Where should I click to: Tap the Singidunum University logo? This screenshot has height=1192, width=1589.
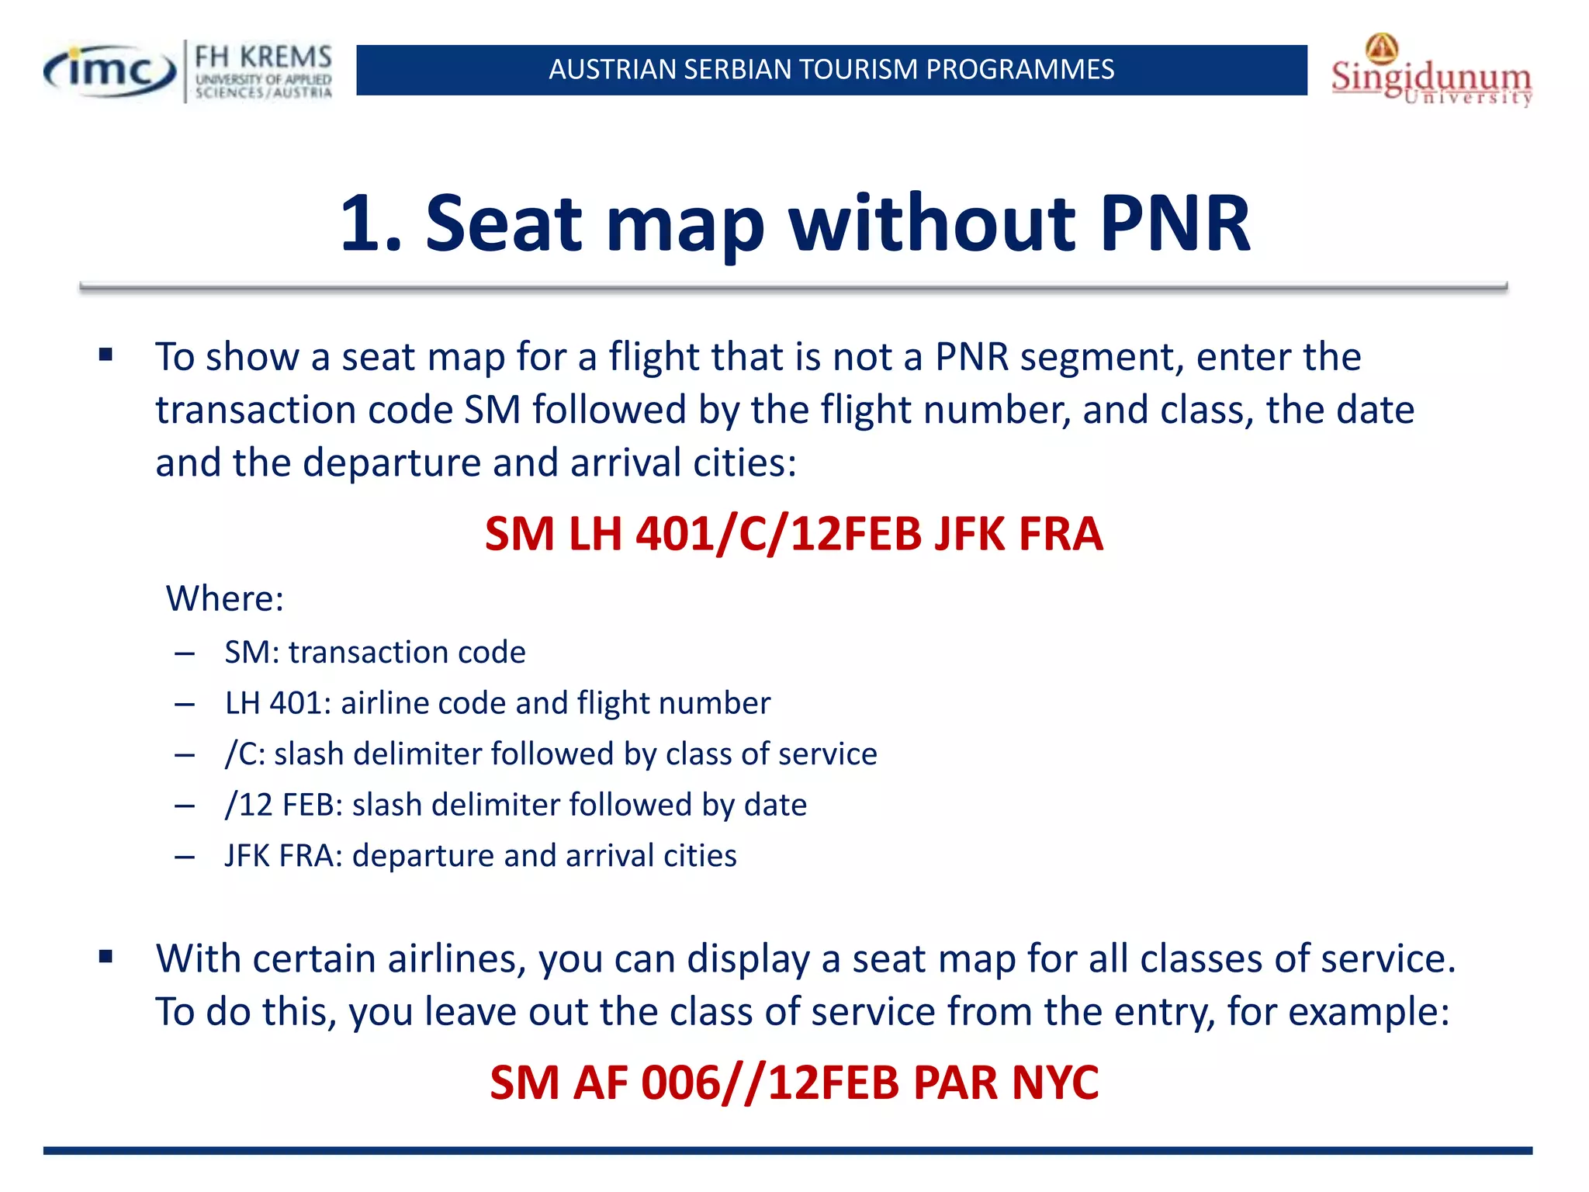pos(1431,74)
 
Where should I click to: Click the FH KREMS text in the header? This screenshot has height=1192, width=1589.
pos(263,57)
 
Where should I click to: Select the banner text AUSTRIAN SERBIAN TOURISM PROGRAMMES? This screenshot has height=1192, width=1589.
pos(831,70)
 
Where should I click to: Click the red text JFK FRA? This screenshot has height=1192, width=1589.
pos(1018,534)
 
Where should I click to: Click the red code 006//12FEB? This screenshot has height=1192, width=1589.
pos(769,1082)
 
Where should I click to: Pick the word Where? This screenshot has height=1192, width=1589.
pos(225,598)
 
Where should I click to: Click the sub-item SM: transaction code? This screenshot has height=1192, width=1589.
pos(375,652)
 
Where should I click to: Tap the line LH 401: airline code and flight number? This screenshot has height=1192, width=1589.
pos(497,703)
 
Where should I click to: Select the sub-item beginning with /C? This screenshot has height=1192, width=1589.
pos(551,754)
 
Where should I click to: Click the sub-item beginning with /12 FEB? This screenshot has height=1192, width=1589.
pos(516,805)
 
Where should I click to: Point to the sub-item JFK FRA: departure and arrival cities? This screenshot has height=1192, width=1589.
pos(480,855)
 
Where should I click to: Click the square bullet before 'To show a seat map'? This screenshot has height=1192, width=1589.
pos(106,356)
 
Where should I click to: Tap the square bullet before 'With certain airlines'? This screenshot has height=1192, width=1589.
pos(106,957)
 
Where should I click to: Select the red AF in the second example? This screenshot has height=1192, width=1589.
pos(600,1082)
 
